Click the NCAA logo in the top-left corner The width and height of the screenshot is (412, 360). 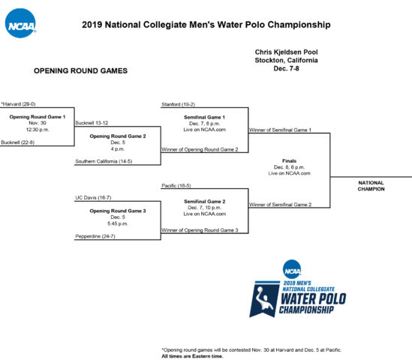pyautogui.click(x=20, y=23)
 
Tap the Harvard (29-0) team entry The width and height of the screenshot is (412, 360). pyautogui.click(x=18, y=104)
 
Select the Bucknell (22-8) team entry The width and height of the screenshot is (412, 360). pyautogui.click(x=17, y=142)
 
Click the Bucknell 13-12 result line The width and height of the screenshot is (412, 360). pyautogui.click(x=92, y=123)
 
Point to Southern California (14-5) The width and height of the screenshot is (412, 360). pyautogui.click(x=104, y=161)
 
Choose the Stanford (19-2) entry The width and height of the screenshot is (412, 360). pyautogui.click(x=178, y=104)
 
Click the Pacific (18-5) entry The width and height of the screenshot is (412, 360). pyautogui.click(x=176, y=186)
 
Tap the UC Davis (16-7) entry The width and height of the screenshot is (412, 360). pyautogui.click(x=93, y=197)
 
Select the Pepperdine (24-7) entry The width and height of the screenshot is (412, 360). pyautogui.click(x=95, y=236)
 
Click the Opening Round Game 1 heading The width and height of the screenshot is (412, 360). pyautogui.click(x=38, y=117)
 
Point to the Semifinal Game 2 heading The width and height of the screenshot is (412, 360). pyautogui.click(x=205, y=202)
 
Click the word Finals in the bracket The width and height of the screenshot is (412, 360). pyautogui.click(x=289, y=160)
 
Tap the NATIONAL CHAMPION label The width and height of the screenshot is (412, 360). pyautogui.click(x=371, y=186)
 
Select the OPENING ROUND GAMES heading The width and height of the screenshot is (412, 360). pyautogui.click(x=80, y=70)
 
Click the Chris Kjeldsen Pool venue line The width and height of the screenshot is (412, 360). pyautogui.click(x=286, y=52)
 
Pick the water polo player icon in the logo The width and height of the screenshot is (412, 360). pyautogui.click(x=264, y=299)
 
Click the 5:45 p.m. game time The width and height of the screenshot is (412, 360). pyautogui.click(x=118, y=223)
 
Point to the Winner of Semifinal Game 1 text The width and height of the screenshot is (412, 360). pyautogui.click(x=280, y=130)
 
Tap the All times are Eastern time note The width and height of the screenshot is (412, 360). pyautogui.click(x=192, y=356)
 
